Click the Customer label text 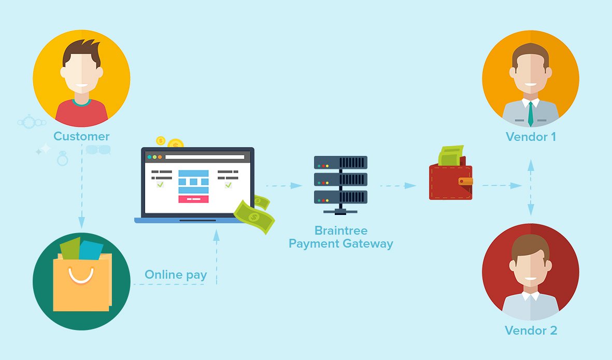pos(81,136)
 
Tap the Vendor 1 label pos(531,137)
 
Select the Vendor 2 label pos(531,330)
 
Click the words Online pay pos(176,275)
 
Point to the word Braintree pos(341,231)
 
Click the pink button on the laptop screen pos(194,199)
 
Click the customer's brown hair pos(81,51)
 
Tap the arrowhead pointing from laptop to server pos(296,185)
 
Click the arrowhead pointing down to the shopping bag pos(81,222)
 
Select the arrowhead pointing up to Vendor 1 pos(531,165)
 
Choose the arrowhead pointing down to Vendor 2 pos(531,209)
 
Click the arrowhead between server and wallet pos(410,185)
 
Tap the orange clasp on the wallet pos(466,181)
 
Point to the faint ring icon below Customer pos(63,159)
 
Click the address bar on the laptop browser pos(205,157)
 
